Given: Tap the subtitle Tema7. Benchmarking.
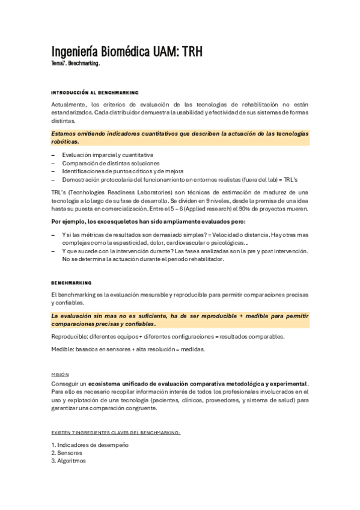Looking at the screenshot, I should (x=75, y=63).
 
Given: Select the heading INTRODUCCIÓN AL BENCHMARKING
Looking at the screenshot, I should (x=95, y=93).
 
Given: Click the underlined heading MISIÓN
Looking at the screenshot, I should (x=60, y=374).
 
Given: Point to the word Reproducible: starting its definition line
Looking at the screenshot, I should (x=70, y=336).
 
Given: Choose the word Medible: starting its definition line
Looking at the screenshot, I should (x=64, y=349).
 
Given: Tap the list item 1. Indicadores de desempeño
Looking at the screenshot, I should (x=90, y=444).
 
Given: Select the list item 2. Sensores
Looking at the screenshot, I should (x=67, y=452).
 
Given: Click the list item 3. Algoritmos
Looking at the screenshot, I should (x=69, y=461).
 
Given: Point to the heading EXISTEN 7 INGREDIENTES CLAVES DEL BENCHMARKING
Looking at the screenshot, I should (x=115, y=432).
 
